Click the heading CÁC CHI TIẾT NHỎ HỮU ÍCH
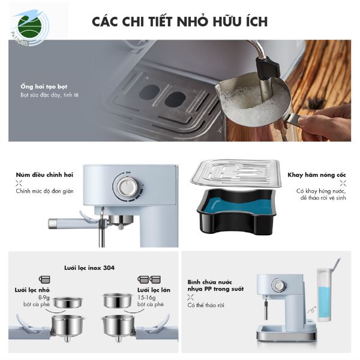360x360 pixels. (180, 22)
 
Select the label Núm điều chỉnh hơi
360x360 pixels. (44, 175)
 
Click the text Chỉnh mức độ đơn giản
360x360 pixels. (46, 191)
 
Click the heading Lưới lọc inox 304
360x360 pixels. (89, 267)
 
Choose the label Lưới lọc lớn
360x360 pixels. (154, 289)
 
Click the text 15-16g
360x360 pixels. (147, 297)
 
